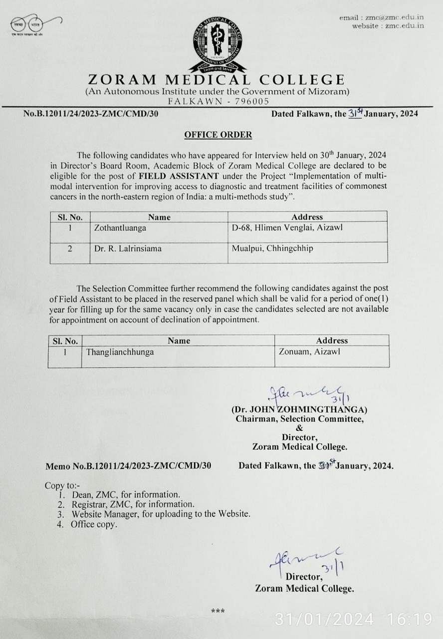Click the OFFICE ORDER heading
(218, 134)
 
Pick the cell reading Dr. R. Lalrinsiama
(128, 248)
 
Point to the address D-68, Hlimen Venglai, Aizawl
(287, 228)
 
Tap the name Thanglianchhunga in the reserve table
(120, 352)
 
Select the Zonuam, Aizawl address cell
(309, 352)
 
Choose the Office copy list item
(93, 524)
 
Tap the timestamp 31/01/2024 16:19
(353, 620)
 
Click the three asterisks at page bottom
(218, 610)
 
